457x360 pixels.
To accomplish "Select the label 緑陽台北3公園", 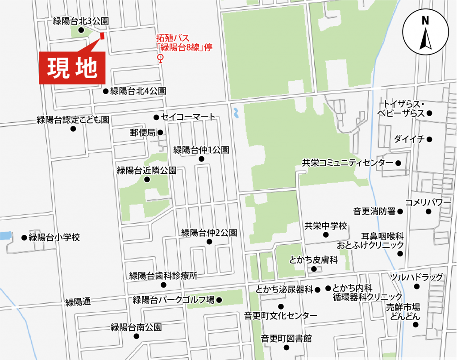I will point(81,21).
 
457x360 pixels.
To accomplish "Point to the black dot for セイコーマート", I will point(156,117).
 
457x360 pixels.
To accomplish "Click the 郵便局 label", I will point(142,133).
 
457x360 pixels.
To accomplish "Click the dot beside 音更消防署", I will point(400,211).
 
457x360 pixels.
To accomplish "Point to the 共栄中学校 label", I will point(325,226).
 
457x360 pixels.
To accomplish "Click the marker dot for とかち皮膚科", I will point(314,269).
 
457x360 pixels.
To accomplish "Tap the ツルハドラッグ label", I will point(416,277).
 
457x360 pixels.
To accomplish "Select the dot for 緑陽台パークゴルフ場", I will point(219,300).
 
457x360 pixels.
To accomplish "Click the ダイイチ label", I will point(409,139).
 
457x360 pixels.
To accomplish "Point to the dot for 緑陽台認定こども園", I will point(73,129).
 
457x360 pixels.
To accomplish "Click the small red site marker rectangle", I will point(102,36).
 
